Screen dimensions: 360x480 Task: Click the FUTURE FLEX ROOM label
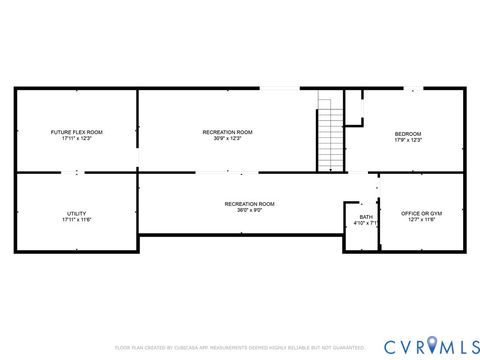tap(77, 132)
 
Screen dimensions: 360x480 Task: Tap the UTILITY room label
tap(77, 213)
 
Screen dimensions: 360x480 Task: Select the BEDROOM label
tap(408, 134)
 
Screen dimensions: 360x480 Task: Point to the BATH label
tap(366, 217)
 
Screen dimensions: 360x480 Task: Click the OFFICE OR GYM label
tap(422, 213)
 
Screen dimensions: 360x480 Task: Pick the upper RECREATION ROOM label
tap(227, 132)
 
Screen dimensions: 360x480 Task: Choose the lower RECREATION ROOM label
tap(249, 204)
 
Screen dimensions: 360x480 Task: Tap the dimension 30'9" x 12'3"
tap(227, 139)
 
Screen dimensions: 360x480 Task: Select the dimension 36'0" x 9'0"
tap(249, 211)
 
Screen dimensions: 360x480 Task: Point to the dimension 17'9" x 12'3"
tap(408, 140)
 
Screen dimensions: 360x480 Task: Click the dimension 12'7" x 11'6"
tap(422, 220)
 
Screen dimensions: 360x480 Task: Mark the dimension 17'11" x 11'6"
tap(77, 220)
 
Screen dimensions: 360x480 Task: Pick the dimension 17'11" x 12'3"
tap(77, 139)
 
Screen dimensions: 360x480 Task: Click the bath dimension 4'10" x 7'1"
tap(367, 224)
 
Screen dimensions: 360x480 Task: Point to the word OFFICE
tap(411, 213)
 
